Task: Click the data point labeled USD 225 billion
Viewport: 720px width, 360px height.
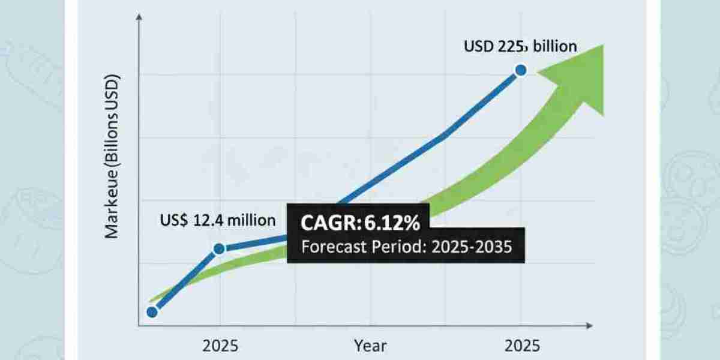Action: [x=520, y=70]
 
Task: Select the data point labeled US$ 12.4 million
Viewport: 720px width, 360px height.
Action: [x=219, y=248]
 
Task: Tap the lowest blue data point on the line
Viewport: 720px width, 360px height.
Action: [x=152, y=311]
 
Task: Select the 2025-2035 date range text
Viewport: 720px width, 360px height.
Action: [x=471, y=247]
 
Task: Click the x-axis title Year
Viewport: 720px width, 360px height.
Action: [x=370, y=346]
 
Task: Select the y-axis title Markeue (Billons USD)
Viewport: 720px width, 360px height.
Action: [x=113, y=157]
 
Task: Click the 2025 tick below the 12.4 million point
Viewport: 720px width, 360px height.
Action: [x=220, y=346]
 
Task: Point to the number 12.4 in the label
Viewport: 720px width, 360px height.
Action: [x=208, y=220]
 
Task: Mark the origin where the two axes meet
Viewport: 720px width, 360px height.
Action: [x=139, y=326]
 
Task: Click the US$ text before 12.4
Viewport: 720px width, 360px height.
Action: [x=173, y=220]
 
